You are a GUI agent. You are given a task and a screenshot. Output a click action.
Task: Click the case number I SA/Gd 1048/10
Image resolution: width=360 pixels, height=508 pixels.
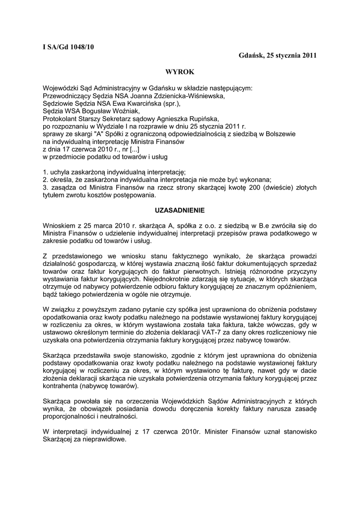click(x=68, y=47)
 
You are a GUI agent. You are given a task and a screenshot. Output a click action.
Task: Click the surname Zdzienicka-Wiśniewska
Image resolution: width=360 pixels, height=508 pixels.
click(x=188, y=96)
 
